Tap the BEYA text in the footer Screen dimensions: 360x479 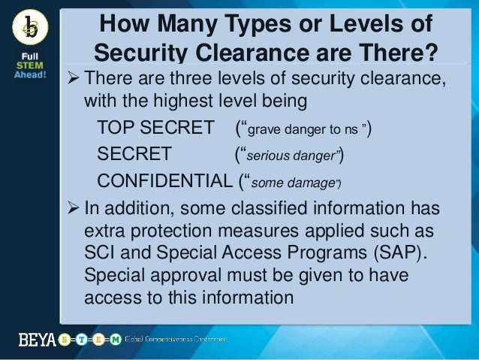pyautogui.click(x=37, y=339)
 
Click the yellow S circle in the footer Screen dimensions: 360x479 pyautogui.click(x=65, y=339)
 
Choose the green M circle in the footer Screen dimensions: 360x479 pyautogui.click(x=115, y=339)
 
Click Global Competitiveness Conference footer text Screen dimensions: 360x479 pyautogui.click(x=175, y=339)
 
